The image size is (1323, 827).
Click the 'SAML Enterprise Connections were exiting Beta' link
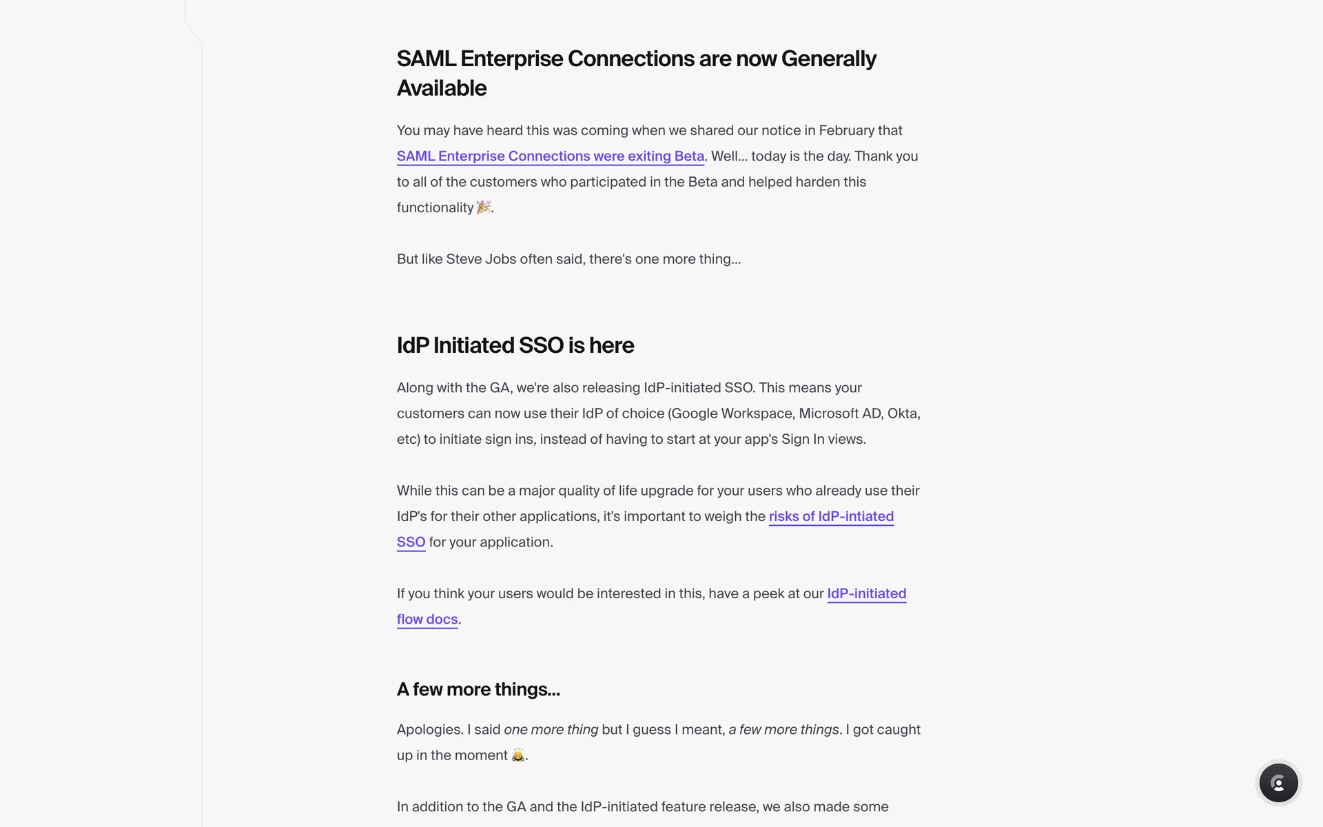click(x=550, y=156)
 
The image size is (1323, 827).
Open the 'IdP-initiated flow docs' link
click(x=866, y=594)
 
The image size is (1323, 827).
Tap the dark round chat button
click(x=1278, y=783)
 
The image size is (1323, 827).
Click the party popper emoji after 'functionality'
click(x=484, y=207)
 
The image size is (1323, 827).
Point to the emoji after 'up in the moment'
click(x=518, y=755)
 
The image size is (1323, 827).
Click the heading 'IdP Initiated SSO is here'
click(x=515, y=345)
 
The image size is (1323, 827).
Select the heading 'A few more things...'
click(x=478, y=689)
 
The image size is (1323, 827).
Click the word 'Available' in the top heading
click(x=442, y=89)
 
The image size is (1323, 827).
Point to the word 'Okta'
click(x=902, y=413)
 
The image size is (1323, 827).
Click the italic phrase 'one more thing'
click(x=551, y=730)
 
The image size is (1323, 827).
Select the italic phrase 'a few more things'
click(x=783, y=730)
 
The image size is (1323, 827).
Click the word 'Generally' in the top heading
click(x=828, y=59)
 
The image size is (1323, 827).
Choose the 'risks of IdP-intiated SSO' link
click(x=830, y=517)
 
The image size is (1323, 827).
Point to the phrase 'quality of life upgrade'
click(x=625, y=491)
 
